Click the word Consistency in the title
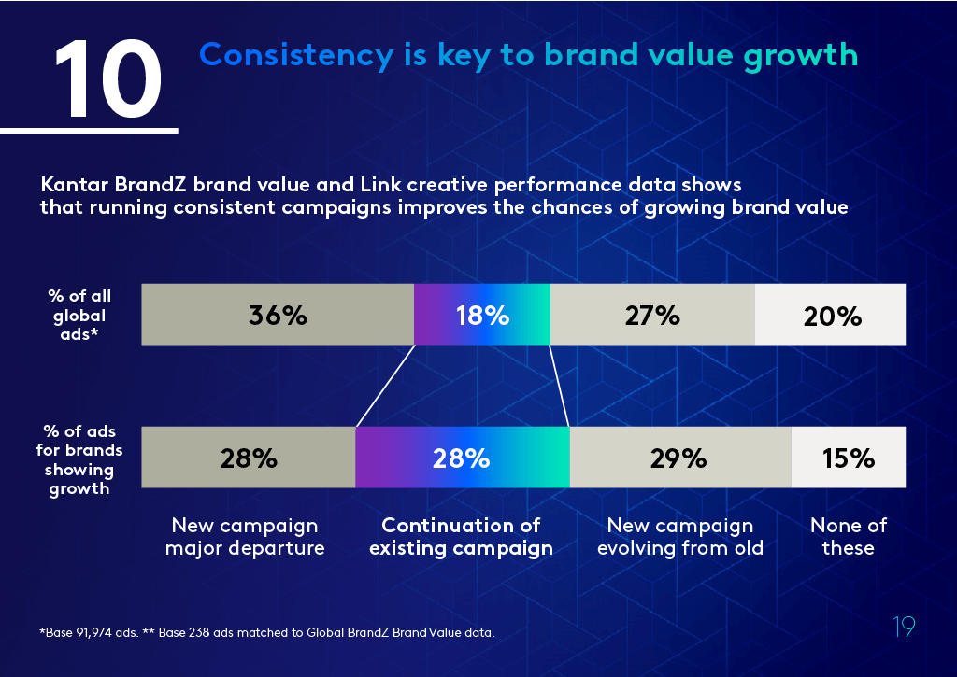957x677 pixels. click(296, 55)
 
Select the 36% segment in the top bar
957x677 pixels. click(278, 315)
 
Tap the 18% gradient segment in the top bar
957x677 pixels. click(482, 315)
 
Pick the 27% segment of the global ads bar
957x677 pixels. click(652, 315)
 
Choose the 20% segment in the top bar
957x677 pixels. click(831, 316)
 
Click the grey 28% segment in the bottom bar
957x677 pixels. click(249, 458)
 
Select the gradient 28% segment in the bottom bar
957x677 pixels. click(462, 458)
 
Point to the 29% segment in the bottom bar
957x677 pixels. click(679, 458)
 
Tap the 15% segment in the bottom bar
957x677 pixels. click(848, 458)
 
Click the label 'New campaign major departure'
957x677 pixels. click(245, 537)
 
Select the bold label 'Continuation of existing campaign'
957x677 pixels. click(461, 537)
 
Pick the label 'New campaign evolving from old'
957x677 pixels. click(679, 537)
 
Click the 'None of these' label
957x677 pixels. click(848, 537)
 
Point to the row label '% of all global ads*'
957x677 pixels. click(79, 316)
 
